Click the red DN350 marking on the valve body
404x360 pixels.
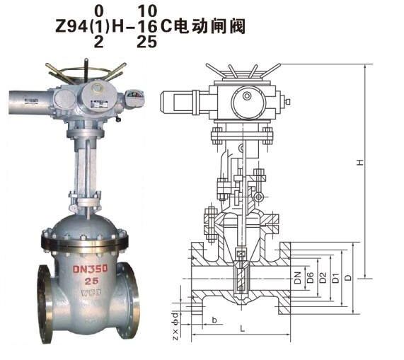(x=89, y=269)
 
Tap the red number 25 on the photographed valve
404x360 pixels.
(x=90, y=281)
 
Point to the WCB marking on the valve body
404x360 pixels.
(x=90, y=291)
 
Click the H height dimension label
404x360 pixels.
(x=359, y=164)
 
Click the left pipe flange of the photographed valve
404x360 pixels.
(x=43, y=303)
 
